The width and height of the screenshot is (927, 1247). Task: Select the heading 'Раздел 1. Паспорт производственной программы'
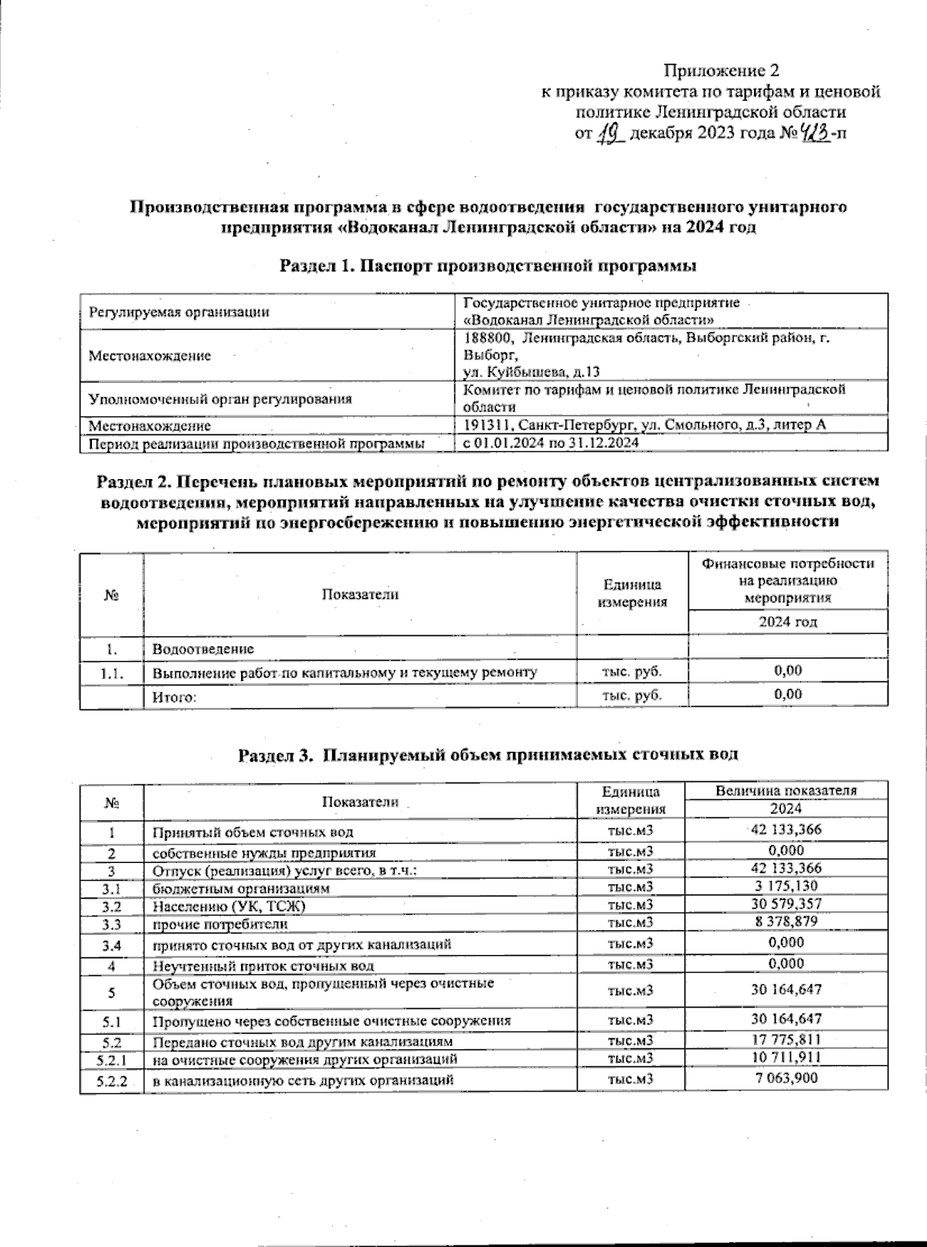(488, 267)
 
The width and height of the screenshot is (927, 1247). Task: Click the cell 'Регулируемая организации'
(179, 312)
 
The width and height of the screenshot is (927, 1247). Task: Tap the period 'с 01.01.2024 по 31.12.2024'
(550, 443)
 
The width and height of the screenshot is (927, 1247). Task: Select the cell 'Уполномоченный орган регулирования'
(220, 399)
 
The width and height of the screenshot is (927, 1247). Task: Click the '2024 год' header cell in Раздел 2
(787, 622)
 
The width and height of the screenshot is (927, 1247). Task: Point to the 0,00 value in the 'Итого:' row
(787, 695)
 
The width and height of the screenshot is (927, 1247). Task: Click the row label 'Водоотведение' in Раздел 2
(203, 649)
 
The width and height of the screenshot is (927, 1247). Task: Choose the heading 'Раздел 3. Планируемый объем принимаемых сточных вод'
(487, 755)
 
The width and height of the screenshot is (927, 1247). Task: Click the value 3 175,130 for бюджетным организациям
(786, 887)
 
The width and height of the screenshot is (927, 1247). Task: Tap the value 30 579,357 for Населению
(786, 904)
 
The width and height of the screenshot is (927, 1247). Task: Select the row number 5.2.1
(112, 1058)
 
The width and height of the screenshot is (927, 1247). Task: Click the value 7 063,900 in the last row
(786, 1079)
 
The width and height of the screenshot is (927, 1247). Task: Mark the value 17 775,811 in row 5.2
(786, 1040)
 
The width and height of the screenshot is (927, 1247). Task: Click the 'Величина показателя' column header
(786, 790)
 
